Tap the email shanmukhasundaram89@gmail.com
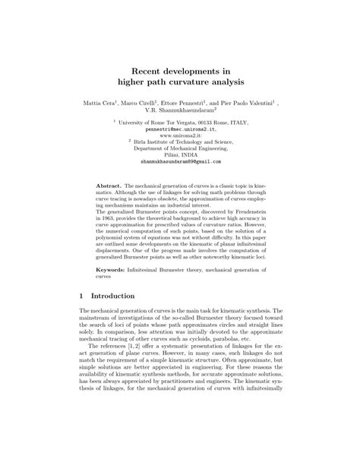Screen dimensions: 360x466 pyautogui.click(x=180, y=161)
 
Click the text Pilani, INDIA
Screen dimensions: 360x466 pyautogui.click(x=180, y=154)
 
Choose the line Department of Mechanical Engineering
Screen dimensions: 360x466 pyautogui.click(x=180, y=147)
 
